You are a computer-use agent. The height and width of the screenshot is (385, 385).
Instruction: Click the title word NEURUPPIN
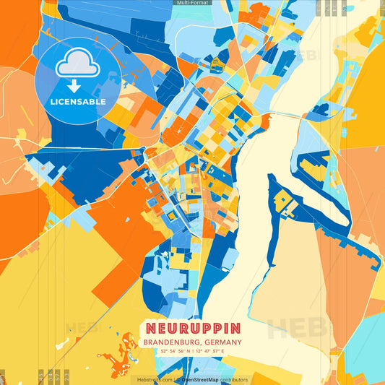[x=192, y=329]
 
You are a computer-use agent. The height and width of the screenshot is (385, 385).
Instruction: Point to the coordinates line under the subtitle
[x=192, y=352]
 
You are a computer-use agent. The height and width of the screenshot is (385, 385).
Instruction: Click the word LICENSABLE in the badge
[x=78, y=102]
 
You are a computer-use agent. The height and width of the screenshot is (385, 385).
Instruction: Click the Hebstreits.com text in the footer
[x=155, y=379]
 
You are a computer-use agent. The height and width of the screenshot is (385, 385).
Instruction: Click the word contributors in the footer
[x=234, y=379]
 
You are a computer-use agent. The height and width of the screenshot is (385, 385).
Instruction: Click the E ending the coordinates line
[x=223, y=352]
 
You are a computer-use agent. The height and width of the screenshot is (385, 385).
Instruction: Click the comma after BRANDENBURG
[x=202, y=343]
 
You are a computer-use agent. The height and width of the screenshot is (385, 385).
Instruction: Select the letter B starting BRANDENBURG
[x=147, y=342]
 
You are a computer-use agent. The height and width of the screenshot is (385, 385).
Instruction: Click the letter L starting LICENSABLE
[x=53, y=102]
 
